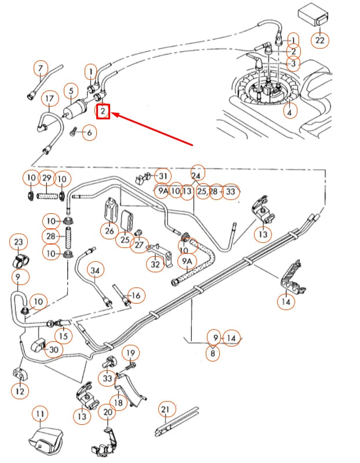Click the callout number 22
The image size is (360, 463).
(x=320, y=40)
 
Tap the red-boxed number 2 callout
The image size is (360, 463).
(x=103, y=110)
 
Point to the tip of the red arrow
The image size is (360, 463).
(x=113, y=115)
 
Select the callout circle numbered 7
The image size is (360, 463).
(x=40, y=69)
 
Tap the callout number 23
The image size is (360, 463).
(x=19, y=242)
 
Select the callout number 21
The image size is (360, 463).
(x=165, y=410)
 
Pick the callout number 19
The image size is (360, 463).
(x=130, y=352)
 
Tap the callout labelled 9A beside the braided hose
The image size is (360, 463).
(x=187, y=262)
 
